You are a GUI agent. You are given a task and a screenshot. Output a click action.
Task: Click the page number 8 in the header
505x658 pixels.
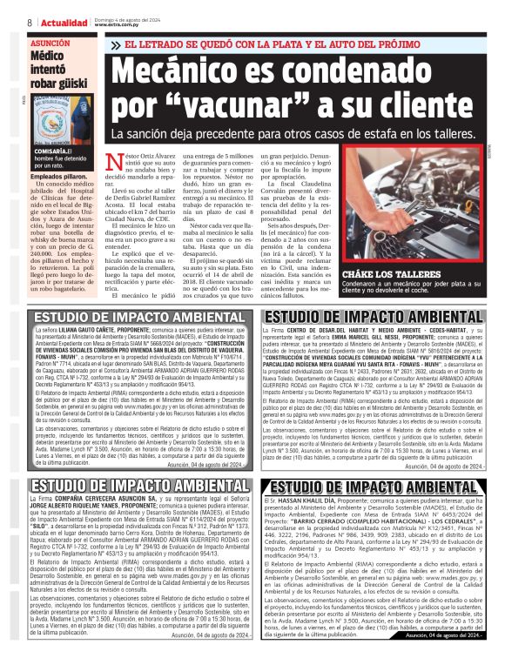tap(29, 22)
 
